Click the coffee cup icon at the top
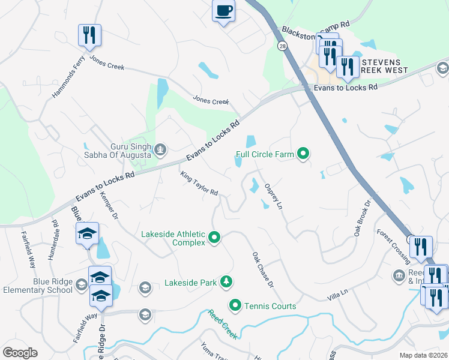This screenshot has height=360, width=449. point(224,11)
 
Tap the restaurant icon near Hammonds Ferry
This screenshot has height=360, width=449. point(89,35)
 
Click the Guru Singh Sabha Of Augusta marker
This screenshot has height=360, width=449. point(160,149)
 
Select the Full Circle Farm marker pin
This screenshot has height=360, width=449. point(303,154)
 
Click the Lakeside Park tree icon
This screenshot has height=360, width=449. point(226,281)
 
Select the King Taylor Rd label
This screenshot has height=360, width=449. point(199,184)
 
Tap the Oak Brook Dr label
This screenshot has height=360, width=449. point(364,215)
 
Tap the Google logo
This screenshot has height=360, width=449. point(20,352)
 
